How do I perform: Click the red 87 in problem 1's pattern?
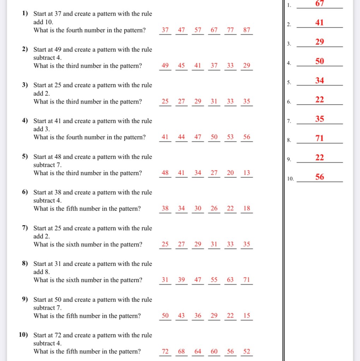pyautogui.click(x=247, y=30)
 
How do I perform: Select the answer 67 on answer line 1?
pyautogui.click(x=320, y=4)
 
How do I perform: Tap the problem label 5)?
pyautogui.click(x=25, y=156)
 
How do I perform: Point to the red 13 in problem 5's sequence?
pyautogui.click(x=247, y=173)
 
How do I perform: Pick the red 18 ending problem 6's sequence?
pyautogui.click(x=247, y=209)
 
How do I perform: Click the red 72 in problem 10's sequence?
pyautogui.click(x=165, y=351)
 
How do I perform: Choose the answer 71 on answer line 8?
pyautogui.click(x=320, y=138)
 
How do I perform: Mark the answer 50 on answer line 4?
pyautogui.click(x=320, y=61)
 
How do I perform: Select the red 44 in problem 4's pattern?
pyautogui.click(x=181, y=137)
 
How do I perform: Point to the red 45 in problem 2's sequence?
pyautogui.click(x=181, y=66)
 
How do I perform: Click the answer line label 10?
pyautogui.click(x=290, y=179)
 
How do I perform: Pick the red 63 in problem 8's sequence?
pyautogui.click(x=230, y=280)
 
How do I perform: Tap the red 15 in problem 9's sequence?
pyautogui.click(x=247, y=316)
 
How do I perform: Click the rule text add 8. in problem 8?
pyautogui.click(x=42, y=272)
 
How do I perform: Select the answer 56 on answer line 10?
pyautogui.click(x=320, y=177)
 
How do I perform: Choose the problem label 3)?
pyautogui.click(x=25, y=85)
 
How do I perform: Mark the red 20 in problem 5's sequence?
pyautogui.click(x=230, y=173)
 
